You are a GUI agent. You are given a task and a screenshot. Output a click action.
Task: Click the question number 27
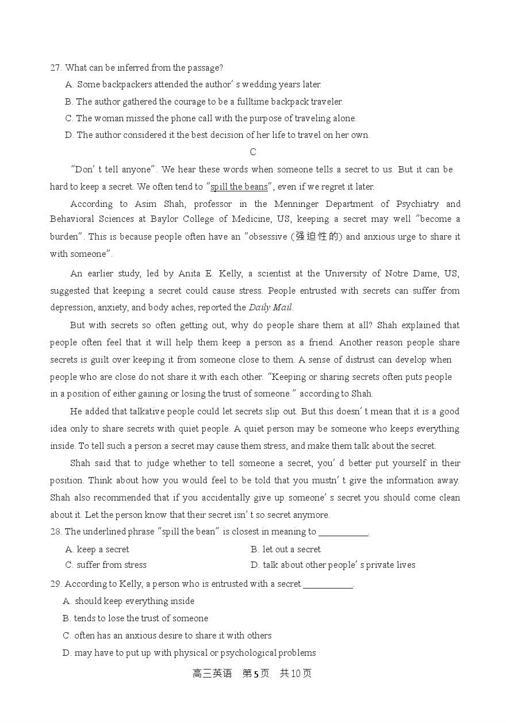pyautogui.click(x=56, y=68)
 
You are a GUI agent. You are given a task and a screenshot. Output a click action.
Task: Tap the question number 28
pyautogui.click(x=56, y=532)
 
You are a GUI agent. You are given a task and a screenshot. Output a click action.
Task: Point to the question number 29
pyautogui.click(x=56, y=584)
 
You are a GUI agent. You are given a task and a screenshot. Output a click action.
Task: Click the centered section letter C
pyautogui.click(x=253, y=152)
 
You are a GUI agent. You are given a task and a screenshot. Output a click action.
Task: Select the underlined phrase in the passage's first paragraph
pyautogui.click(x=239, y=186)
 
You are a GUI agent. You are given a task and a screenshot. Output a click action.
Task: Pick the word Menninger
pyautogui.click(x=294, y=203)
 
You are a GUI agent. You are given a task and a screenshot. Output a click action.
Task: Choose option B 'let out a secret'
pyautogui.click(x=286, y=549)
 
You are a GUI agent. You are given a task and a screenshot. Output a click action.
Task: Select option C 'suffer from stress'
pyautogui.click(x=106, y=565)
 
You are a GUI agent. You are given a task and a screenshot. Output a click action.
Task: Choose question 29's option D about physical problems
pyautogui.click(x=189, y=653)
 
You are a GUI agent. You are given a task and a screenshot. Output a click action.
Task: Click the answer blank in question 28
pyautogui.click(x=343, y=532)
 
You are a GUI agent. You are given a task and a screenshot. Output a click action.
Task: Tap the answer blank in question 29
pyautogui.click(x=328, y=584)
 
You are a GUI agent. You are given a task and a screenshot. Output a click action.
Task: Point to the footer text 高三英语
pyautogui.click(x=212, y=674)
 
